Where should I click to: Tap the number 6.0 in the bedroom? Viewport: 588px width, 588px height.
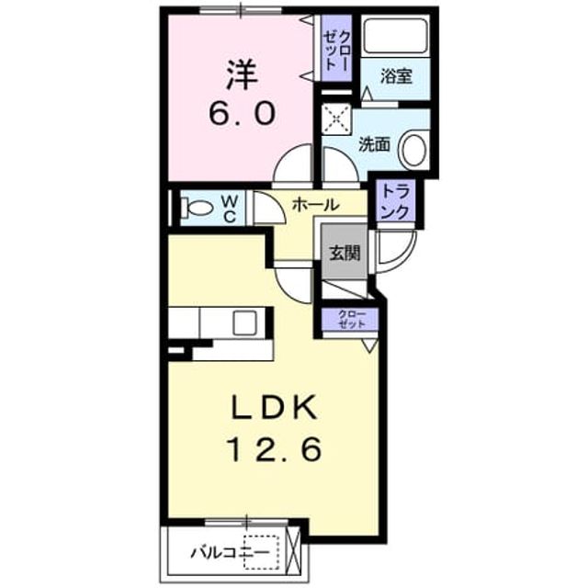[x=243, y=114]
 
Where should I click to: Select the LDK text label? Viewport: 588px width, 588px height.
[x=275, y=408]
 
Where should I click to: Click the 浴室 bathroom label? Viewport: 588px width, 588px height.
[x=396, y=76]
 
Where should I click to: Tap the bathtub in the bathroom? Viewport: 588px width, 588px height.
[x=396, y=36]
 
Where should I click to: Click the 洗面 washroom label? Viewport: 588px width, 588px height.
[x=374, y=144]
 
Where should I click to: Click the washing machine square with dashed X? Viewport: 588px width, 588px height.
[x=337, y=119]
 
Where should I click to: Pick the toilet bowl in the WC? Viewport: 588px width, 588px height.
[x=198, y=208]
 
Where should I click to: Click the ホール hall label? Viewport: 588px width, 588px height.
[x=315, y=205]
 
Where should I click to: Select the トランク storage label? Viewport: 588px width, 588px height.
[x=396, y=202]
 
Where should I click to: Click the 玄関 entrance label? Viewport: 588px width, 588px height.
[x=345, y=254]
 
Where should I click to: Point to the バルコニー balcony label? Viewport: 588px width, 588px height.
[x=231, y=552]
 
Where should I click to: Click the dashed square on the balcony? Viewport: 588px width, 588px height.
[x=261, y=552]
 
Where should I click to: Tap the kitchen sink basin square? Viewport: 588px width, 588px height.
[x=244, y=322]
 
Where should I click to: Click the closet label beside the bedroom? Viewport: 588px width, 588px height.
[x=337, y=50]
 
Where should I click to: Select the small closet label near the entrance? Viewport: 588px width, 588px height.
[x=351, y=319]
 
